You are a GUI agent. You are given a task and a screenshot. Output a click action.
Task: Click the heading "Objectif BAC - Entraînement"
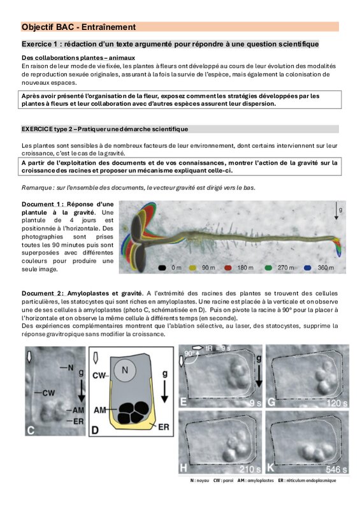(x=79, y=27)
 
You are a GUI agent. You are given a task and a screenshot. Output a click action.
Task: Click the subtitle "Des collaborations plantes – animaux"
(x=78, y=58)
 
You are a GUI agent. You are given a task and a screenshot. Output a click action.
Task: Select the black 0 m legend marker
(x=162, y=268)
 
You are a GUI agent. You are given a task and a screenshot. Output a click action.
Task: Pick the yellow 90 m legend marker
(x=193, y=268)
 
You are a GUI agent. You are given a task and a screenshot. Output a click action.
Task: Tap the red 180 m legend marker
(x=228, y=268)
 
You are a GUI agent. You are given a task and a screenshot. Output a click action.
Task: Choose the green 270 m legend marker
(x=268, y=268)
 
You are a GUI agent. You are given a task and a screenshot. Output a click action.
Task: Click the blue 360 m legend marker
(x=308, y=268)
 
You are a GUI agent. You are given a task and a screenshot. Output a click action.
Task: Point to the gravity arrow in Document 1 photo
(x=336, y=210)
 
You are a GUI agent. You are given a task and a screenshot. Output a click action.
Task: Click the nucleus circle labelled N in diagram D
(x=125, y=370)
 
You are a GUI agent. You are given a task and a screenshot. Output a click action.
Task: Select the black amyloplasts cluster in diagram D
(x=133, y=412)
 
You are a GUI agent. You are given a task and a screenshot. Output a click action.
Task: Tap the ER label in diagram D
(x=164, y=427)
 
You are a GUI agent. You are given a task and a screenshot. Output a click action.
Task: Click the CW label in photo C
(x=49, y=393)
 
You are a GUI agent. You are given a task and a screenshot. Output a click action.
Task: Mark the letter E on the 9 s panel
(x=184, y=402)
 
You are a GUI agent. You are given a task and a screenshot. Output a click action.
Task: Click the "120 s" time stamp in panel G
(x=337, y=404)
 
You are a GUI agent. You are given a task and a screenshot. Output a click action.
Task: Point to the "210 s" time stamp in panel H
(x=250, y=469)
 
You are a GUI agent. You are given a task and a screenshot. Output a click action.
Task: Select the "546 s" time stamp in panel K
(x=336, y=469)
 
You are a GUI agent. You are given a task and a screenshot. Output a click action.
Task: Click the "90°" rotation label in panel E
(x=189, y=354)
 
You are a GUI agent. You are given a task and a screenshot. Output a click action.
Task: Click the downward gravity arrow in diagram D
(x=164, y=391)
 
